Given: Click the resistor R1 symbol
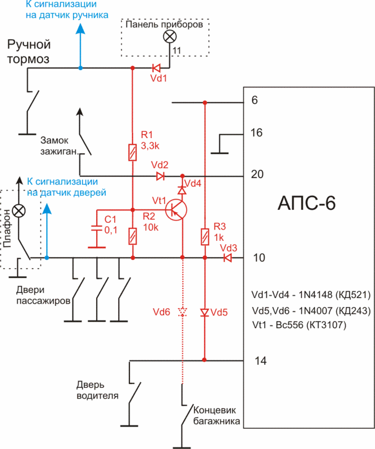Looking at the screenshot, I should pyautogui.click(x=133, y=153).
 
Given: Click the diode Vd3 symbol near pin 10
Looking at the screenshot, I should pyautogui.click(x=227, y=258).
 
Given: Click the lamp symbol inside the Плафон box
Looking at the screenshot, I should pyautogui.click(x=19, y=210).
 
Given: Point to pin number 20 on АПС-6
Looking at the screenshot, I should pyautogui.click(x=257, y=175).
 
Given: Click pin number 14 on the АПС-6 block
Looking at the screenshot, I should pyautogui.click(x=259, y=361).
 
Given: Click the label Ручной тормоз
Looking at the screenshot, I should pyautogui.click(x=28, y=51).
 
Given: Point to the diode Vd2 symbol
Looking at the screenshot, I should pyautogui.click(x=160, y=176).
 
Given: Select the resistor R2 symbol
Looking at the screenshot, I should pyautogui.click(x=133, y=236).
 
